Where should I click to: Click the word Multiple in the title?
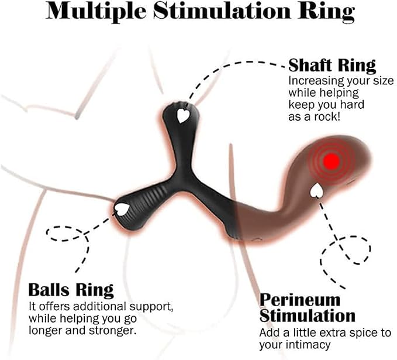click(x=96, y=12)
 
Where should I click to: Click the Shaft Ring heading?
click(x=332, y=66)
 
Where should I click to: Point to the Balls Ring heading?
click(x=71, y=290)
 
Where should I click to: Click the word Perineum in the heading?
click(x=300, y=300)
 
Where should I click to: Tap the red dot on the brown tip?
click(x=332, y=160)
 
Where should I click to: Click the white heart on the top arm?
click(x=182, y=116)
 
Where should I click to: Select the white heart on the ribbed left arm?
click(x=122, y=210)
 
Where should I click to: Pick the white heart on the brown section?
click(x=316, y=191)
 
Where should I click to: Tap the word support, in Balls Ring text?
click(x=151, y=307)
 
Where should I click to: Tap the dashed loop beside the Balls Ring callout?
click(x=64, y=234)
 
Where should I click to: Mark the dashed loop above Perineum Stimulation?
click(x=346, y=250)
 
